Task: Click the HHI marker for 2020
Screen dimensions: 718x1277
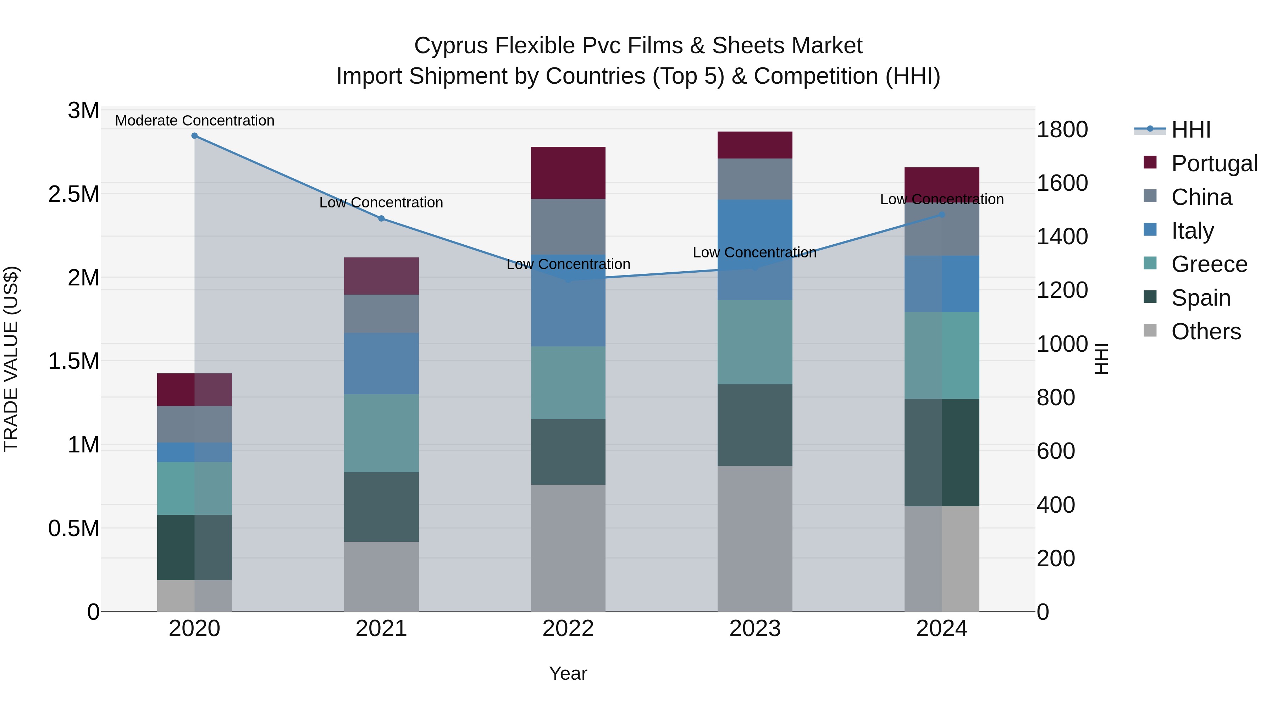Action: (194, 136)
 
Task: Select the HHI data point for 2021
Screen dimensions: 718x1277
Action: (381, 218)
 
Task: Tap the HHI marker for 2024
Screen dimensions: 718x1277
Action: (942, 215)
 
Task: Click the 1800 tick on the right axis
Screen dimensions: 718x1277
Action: (1062, 130)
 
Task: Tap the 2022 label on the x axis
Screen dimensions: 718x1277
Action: (568, 629)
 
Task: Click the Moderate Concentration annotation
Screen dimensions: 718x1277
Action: (194, 121)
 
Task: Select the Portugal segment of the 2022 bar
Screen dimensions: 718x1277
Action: (568, 173)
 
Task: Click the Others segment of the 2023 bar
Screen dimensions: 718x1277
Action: (754, 539)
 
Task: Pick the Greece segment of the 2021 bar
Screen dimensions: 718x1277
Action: (381, 433)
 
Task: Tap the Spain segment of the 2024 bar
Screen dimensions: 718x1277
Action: (942, 452)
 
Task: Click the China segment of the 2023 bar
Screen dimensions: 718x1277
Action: (754, 179)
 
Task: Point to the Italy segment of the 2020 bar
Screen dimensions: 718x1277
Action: (194, 452)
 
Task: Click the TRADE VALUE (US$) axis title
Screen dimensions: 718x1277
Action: (11, 359)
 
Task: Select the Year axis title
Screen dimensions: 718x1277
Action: (568, 673)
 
